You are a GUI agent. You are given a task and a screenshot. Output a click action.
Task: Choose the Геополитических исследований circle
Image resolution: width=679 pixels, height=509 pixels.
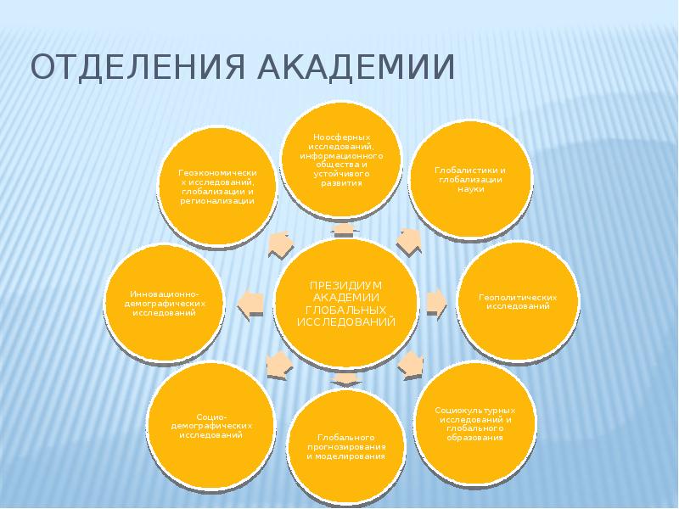(x=518, y=303)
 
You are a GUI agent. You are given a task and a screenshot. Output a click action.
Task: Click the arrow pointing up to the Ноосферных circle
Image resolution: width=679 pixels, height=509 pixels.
(x=345, y=231)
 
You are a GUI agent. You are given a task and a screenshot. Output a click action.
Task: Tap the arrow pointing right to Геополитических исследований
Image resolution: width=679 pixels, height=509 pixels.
(x=435, y=301)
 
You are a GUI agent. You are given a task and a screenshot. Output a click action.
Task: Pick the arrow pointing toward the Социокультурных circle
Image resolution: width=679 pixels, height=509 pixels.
(x=411, y=364)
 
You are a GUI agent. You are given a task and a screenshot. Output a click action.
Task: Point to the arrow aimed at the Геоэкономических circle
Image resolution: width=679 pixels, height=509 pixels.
(x=282, y=243)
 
